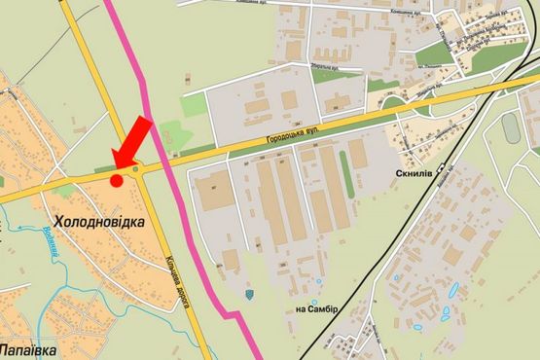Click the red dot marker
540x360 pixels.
tap(117, 180)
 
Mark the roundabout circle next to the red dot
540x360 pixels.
tap(137, 169)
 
